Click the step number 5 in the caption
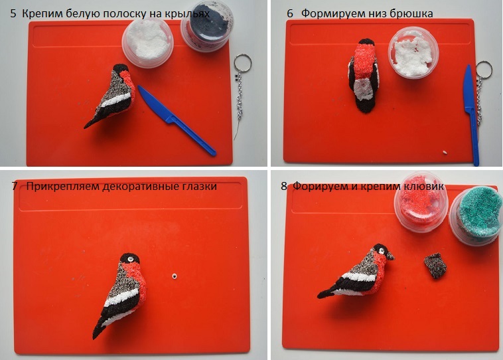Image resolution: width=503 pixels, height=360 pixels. click(x=13, y=13)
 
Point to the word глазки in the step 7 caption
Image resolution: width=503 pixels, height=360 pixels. click(x=200, y=186)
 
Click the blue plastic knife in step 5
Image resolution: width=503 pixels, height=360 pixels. click(x=177, y=120)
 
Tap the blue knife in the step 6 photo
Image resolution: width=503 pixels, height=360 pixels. click(x=471, y=115)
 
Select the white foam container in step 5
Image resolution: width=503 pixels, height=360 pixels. click(x=147, y=43)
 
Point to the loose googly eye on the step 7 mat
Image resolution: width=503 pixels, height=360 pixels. click(x=174, y=276)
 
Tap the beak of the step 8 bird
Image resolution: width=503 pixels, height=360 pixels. click(x=390, y=256)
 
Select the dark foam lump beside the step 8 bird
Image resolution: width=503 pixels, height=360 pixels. click(x=435, y=266)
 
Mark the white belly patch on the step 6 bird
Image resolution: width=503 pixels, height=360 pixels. click(x=362, y=89)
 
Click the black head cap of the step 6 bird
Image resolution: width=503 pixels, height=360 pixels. click(x=366, y=43)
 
